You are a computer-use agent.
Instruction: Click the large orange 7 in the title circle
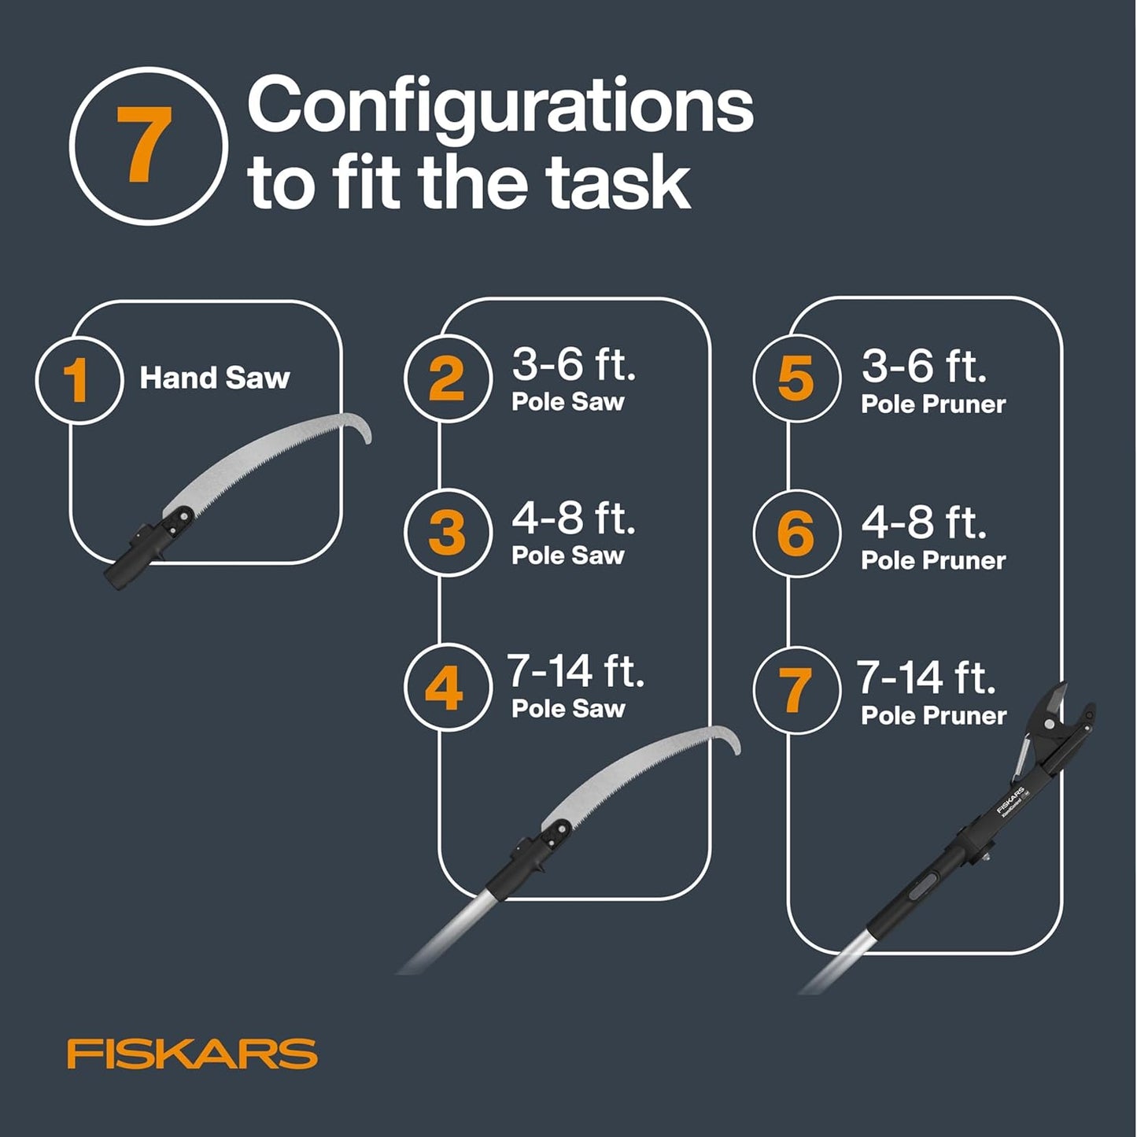click(x=146, y=145)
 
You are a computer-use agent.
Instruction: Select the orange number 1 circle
click(x=79, y=380)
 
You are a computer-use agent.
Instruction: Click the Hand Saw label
click(x=215, y=378)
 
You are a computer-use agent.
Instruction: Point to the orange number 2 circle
click(x=447, y=378)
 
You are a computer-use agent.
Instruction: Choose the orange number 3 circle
click(x=447, y=532)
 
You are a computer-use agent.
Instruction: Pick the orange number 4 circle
click(x=445, y=687)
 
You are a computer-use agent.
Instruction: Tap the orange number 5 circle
click(x=796, y=378)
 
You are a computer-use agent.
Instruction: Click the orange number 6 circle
click(x=796, y=533)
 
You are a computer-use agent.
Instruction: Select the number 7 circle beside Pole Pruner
click(x=796, y=690)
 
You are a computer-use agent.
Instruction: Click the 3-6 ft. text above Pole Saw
click(x=574, y=364)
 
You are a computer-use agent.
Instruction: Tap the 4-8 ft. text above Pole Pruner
click(x=924, y=522)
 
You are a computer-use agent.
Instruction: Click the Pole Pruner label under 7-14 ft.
click(x=933, y=716)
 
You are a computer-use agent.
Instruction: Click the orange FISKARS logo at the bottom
click(x=192, y=1054)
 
